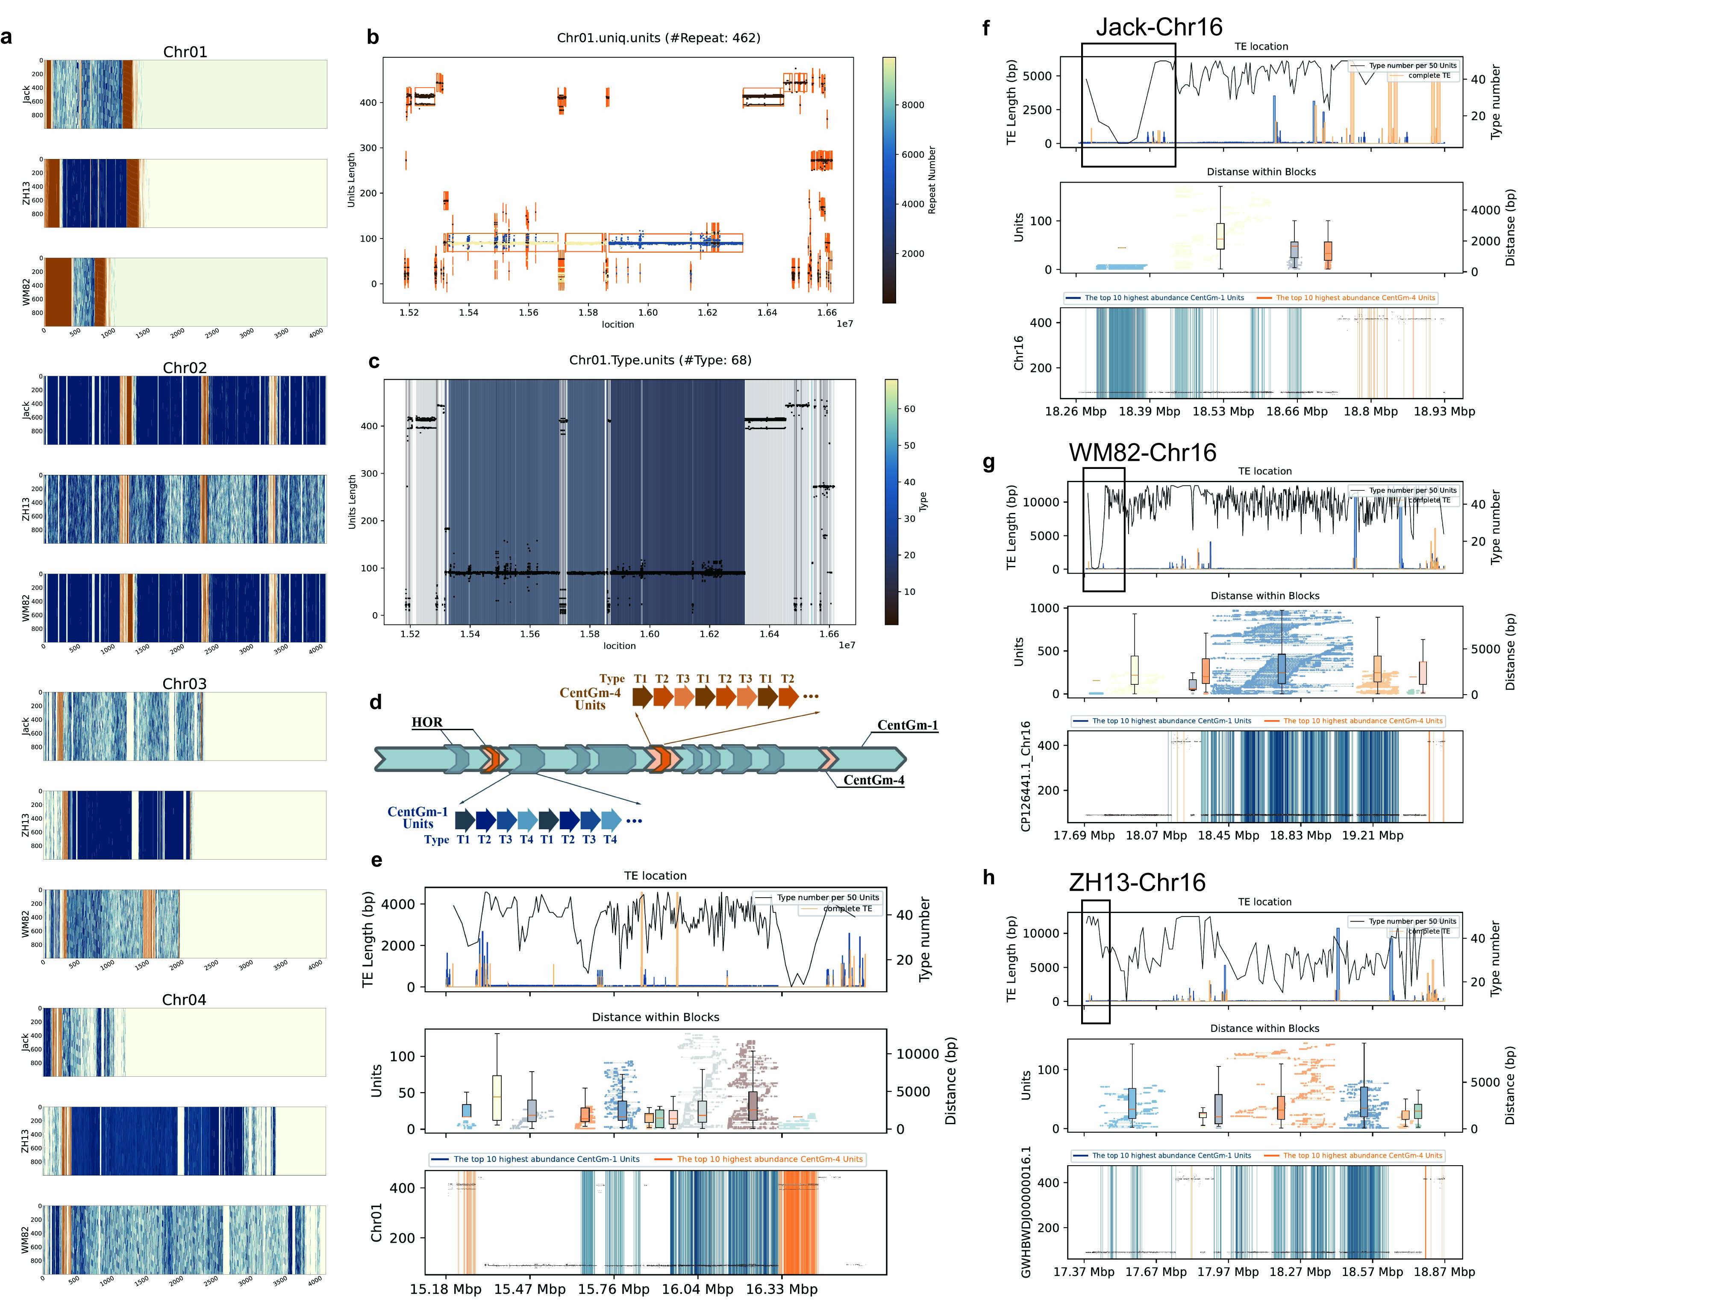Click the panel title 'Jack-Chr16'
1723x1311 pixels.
pos(1158,27)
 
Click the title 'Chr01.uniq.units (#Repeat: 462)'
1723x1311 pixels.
pos(659,38)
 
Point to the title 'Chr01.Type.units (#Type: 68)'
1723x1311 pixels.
pos(660,360)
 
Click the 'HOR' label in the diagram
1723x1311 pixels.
pos(426,722)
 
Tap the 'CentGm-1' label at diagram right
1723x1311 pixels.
pos(907,725)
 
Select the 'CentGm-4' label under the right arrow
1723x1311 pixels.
pos(873,781)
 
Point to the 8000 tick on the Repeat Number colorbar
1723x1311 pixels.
pos(913,105)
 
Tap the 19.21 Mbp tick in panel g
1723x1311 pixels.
pos(1372,835)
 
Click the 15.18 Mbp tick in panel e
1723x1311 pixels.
pos(445,1289)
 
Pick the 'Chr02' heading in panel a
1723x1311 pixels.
pos(185,368)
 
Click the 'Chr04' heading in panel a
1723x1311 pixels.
pos(184,1000)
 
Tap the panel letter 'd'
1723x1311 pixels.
pos(375,702)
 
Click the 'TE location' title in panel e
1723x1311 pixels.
pos(655,875)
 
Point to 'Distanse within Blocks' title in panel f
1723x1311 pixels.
pos(1261,172)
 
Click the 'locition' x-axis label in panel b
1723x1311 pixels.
pos(618,324)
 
